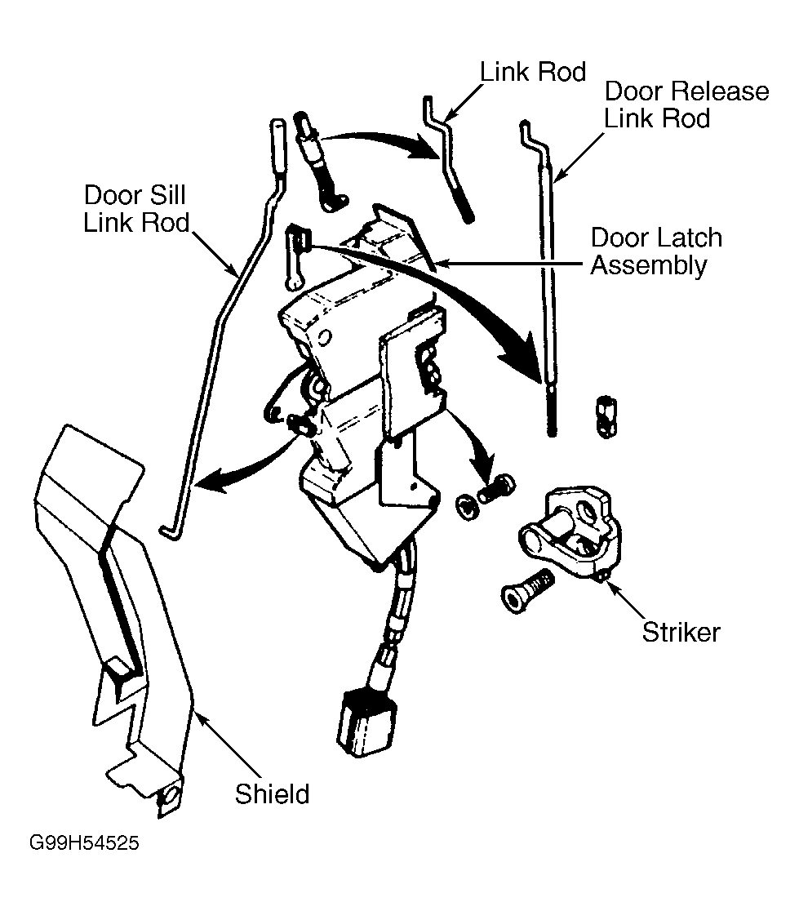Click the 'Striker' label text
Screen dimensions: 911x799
[x=681, y=632]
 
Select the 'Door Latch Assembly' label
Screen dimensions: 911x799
[x=656, y=251]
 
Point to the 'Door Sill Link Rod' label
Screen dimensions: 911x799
[x=135, y=209]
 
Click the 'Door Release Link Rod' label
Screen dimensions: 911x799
[x=686, y=104]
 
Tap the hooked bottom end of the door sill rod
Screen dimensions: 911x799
[x=171, y=531]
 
